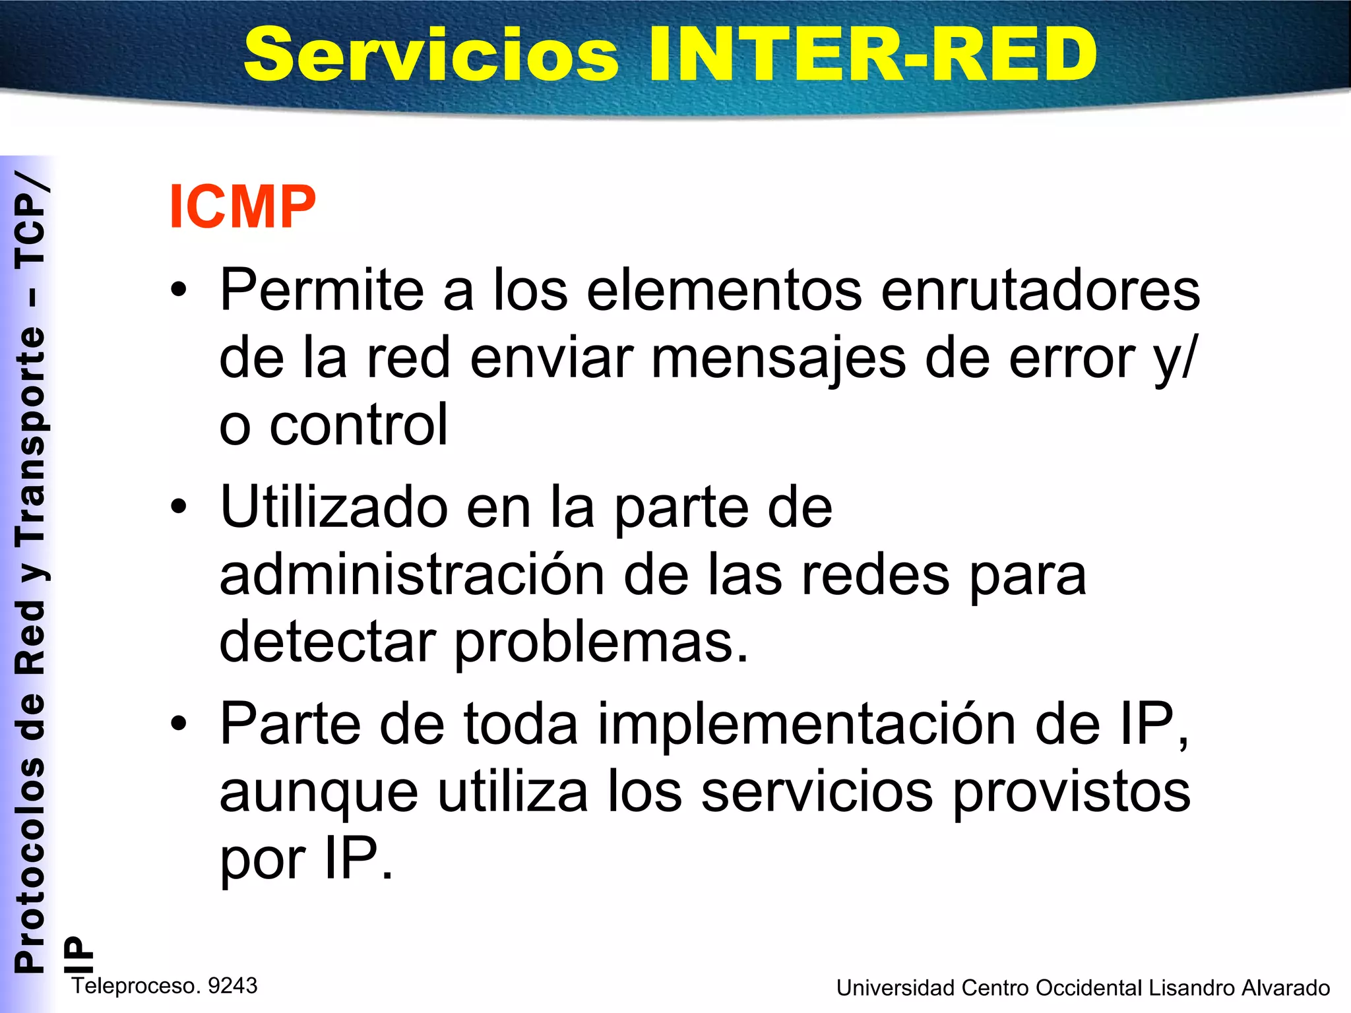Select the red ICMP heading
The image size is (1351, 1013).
(x=243, y=206)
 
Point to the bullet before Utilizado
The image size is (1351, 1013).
(x=178, y=506)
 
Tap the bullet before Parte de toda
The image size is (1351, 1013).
(x=178, y=723)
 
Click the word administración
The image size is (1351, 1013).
(x=412, y=575)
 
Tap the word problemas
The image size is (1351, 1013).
(x=601, y=643)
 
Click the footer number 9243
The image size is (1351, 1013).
(x=232, y=985)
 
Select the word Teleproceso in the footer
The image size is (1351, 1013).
(x=135, y=985)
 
